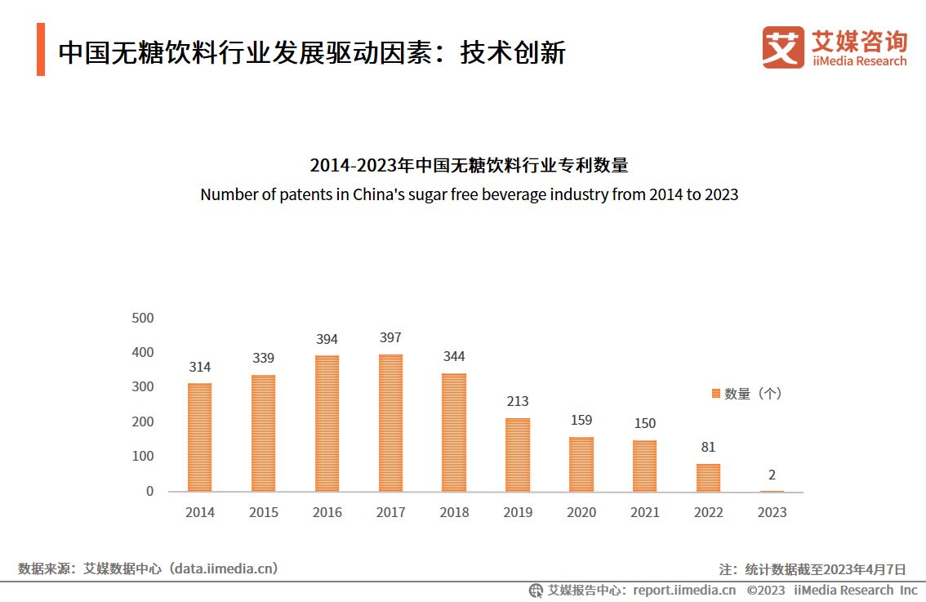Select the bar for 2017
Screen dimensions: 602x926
coord(390,422)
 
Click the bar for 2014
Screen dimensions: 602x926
coord(199,437)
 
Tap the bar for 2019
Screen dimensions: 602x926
coord(518,454)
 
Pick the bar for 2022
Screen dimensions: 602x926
coord(709,477)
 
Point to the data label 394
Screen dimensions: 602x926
coord(327,339)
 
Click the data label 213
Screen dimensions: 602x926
coord(518,401)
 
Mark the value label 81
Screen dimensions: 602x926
coord(708,447)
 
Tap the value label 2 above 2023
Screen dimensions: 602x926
coord(772,475)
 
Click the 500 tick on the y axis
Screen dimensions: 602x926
coord(143,318)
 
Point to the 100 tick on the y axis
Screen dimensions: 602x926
coord(143,456)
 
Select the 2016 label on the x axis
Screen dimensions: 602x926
coord(327,512)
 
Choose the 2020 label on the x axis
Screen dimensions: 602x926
coord(581,512)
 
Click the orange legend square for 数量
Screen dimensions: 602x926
coord(716,394)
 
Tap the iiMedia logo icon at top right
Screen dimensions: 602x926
coord(783,47)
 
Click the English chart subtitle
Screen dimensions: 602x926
coord(469,194)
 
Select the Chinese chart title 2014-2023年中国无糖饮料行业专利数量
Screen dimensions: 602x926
coord(469,165)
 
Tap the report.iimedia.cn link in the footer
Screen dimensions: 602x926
coord(684,590)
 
